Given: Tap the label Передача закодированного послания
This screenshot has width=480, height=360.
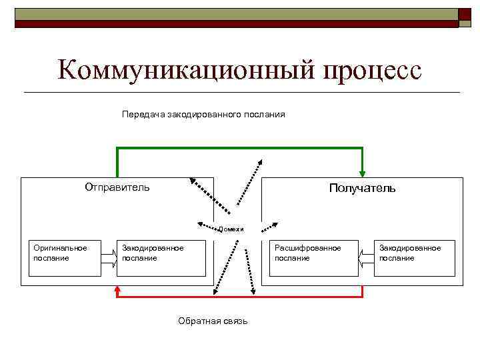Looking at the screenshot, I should [203, 115].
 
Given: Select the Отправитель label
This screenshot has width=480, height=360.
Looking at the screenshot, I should [117, 187].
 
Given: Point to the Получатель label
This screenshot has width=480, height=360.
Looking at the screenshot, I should [362, 188].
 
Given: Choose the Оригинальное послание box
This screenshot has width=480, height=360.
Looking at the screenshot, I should [64, 257].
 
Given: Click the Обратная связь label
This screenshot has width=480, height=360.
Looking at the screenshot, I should [213, 321].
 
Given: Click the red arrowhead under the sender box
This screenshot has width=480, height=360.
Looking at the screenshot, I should [118, 291].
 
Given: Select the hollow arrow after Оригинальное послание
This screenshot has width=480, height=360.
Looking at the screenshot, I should [107, 257].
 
